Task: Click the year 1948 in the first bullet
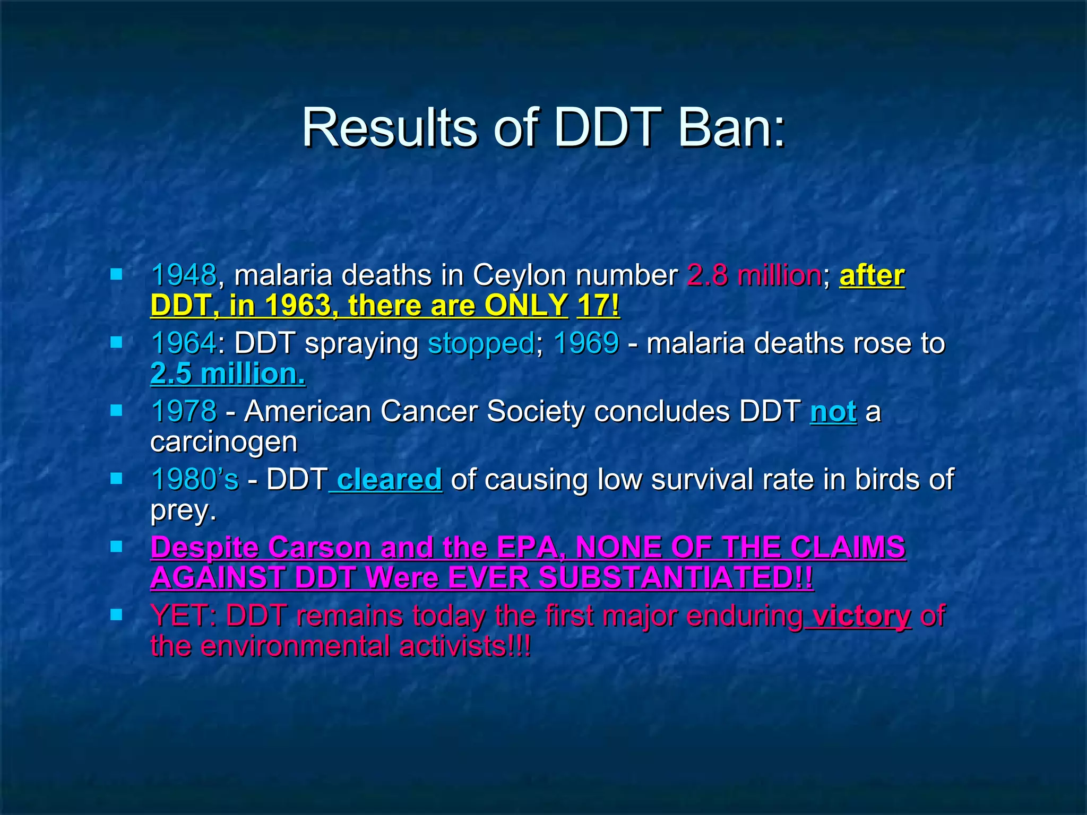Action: (x=184, y=275)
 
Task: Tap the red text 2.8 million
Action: (x=754, y=275)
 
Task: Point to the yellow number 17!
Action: (x=598, y=306)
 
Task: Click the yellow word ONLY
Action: (x=526, y=306)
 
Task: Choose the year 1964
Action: (x=184, y=343)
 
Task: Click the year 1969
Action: (x=586, y=343)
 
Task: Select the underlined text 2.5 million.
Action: (x=228, y=374)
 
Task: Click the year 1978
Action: (x=184, y=411)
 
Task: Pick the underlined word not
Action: (x=833, y=412)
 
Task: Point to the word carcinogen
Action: (x=223, y=443)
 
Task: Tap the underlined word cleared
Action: (x=389, y=479)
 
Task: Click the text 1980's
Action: (x=195, y=479)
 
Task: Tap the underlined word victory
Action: (x=861, y=616)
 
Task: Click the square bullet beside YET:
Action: (x=116, y=615)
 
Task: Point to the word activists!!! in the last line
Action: (x=464, y=646)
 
